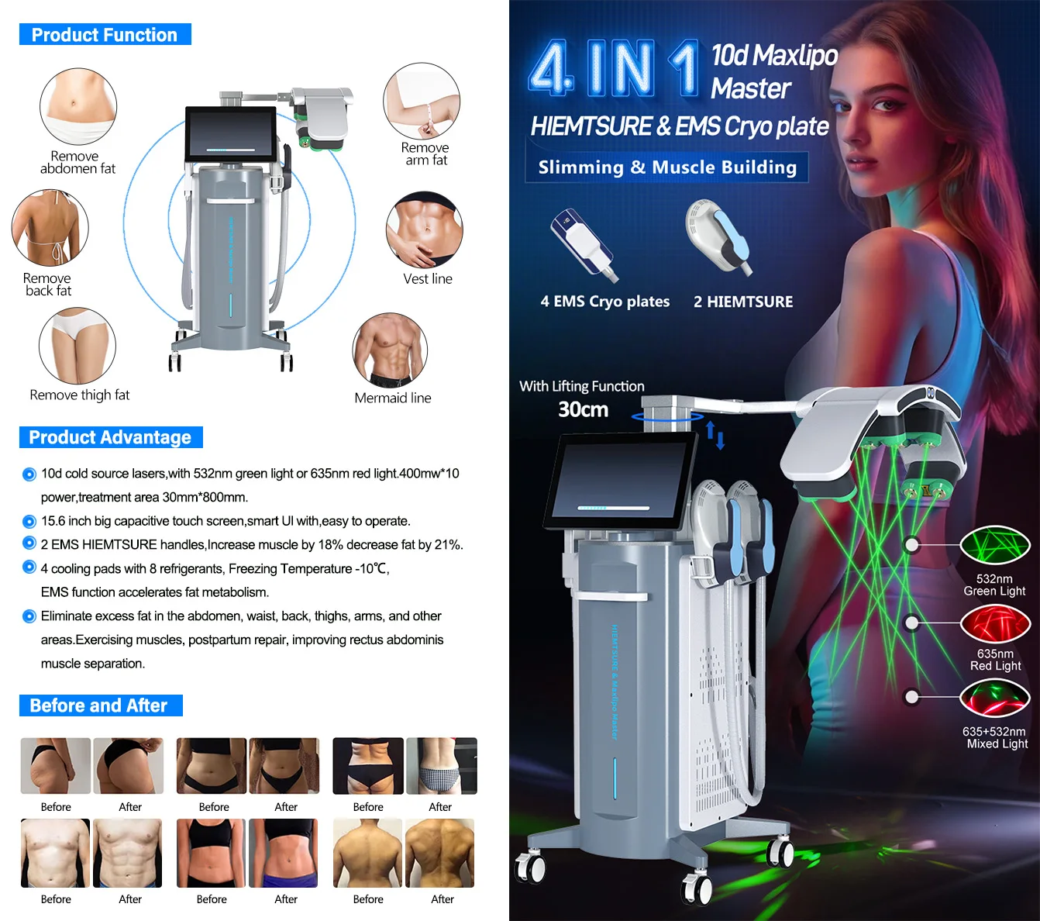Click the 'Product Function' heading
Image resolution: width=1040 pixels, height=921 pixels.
(x=105, y=34)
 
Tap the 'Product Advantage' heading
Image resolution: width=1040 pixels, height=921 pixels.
(x=110, y=437)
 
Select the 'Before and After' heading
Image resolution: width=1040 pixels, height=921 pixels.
(x=101, y=705)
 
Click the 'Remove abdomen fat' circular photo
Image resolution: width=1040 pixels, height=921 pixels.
(x=78, y=106)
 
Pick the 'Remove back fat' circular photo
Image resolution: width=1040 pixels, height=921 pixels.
(x=50, y=228)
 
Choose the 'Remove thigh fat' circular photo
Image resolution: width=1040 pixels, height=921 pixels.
(x=77, y=346)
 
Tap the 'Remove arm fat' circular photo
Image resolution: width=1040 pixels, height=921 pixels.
(x=422, y=101)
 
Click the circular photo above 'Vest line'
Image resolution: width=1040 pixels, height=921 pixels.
(x=424, y=229)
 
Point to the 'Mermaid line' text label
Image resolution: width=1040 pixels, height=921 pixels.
(x=393, y=398)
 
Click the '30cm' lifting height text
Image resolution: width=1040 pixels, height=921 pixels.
(x=583, y=409)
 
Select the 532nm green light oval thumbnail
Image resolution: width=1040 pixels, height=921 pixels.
(x=995, y=545)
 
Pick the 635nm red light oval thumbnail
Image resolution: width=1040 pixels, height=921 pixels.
(x=995, y=623)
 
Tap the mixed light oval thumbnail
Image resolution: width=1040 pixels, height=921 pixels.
(x=995, y=698)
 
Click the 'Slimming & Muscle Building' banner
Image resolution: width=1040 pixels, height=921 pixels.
(x=666, y=167)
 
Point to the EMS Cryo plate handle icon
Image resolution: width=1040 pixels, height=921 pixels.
(x=584, y=244)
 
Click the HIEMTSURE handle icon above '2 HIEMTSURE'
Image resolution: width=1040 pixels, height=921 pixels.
(x=718, y=237)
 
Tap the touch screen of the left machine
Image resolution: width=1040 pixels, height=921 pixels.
(x=230, y=133)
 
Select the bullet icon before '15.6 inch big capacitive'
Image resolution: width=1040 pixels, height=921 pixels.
(x=29, y=522)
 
